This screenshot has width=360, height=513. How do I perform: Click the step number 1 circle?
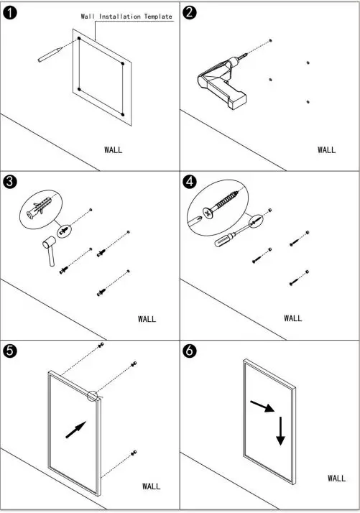[10, 13]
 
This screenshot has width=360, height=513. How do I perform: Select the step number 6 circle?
[190, 351]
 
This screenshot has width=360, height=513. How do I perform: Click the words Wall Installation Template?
[126, 17]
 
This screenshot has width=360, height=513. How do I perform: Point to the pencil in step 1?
[50, 55]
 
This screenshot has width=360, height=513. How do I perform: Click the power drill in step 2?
[222, 83]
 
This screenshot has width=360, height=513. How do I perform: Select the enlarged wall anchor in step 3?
[40, 208]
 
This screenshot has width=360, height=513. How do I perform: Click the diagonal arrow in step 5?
[76, 430]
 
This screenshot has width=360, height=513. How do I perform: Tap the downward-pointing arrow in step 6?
[280, 431]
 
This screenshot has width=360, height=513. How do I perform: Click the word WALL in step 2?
[326, 150]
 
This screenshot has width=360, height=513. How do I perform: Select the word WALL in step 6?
[336, 478]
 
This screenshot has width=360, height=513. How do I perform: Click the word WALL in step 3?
[147, 319]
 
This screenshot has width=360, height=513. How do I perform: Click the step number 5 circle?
[10, 351]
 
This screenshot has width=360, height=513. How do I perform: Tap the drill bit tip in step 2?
[247, 55]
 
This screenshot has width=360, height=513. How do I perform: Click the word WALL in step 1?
[114, 150]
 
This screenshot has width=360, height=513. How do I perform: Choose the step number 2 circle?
[190, 13]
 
